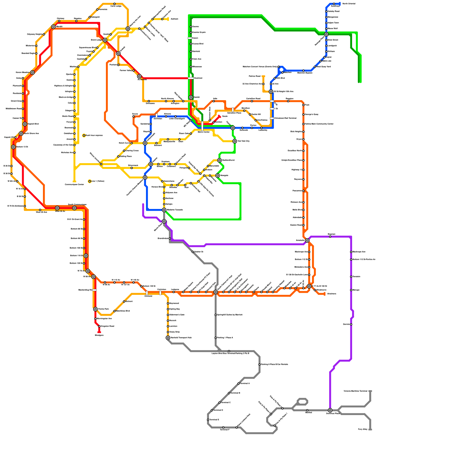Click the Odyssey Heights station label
pos(35,34)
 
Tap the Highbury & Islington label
pos(63,86)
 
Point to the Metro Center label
pos(204,132)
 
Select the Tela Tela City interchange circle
pos(235,141)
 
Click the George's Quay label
pos(312,114)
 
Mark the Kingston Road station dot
pos(99,326)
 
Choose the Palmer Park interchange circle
pos(95,309)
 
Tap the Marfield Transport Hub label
pos(181,338)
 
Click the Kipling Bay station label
pos(175,309)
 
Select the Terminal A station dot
pos(238,384)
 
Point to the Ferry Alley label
pos(363,429)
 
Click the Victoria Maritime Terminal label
pos(355,391)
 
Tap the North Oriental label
pos(349,4)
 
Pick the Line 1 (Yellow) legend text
pos(98,181)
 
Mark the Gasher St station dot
pos(193,252)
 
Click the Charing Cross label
pos(132,151)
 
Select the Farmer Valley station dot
pos(134,71)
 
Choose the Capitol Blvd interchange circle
pos(25,124)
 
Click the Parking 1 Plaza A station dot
pos(216,338)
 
